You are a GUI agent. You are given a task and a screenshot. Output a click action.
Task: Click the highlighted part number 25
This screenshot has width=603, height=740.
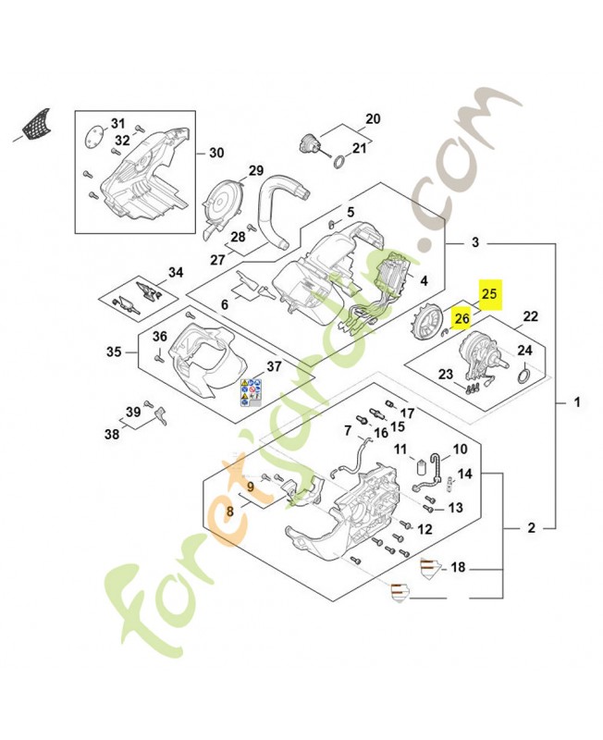[x=489, y=294]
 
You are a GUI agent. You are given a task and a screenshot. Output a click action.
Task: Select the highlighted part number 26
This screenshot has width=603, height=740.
[x=462, y=319]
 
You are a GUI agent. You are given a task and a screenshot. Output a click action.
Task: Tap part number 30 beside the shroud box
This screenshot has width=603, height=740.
[x=215, y=154]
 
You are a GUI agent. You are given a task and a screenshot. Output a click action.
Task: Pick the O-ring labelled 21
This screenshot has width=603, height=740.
[x=340, y=163]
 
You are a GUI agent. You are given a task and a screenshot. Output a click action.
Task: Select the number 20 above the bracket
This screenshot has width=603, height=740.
[x=373, y=119]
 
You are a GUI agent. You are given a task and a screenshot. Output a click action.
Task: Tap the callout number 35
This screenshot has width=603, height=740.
[x=114, y=351]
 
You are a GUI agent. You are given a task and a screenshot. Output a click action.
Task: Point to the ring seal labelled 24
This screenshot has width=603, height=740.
[x=523, y=375]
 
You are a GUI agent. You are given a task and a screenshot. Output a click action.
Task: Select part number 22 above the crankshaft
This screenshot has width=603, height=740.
[x=530, y=317]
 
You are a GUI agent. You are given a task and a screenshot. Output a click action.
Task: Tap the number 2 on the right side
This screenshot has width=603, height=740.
[x=532, y=529]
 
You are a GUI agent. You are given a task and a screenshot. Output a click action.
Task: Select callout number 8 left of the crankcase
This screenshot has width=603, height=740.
[x=230, y=511]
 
